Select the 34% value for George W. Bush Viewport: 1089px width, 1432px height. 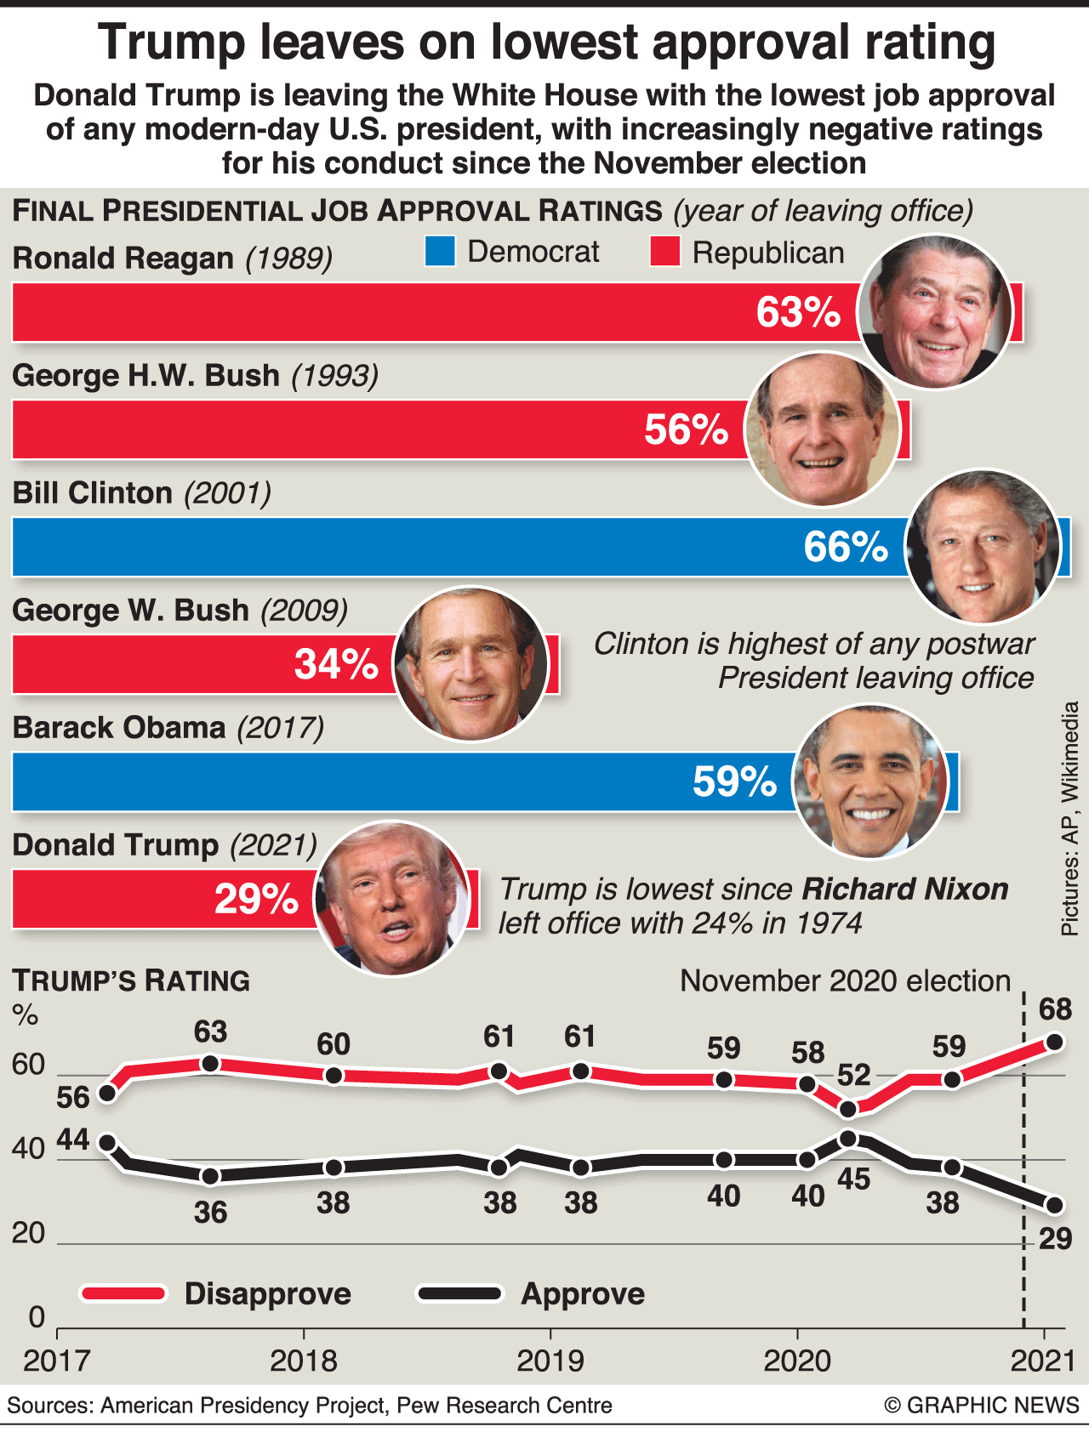[x=336, y=664]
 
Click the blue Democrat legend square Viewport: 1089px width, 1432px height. [x=440, y=252]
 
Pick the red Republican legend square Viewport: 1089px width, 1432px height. [x=664, y=252]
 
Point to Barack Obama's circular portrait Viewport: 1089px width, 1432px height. [x=869, y=781]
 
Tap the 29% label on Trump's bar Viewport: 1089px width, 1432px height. [x=256, y=899]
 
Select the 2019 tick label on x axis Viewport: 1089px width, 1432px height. [x=550, y=1361]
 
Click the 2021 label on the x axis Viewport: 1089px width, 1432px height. [x=1044, y=1361]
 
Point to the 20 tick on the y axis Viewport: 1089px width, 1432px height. [x=28, y=1233]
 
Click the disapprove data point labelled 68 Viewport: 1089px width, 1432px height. [x=1054, y=1042]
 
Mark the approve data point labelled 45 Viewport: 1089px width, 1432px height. [x=847, y=1139]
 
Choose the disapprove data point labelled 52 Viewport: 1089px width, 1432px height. [x=847, y=1109]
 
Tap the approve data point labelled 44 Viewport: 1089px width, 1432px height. [x=107, y=1143]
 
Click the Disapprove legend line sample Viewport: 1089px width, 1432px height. [x=123, y=1293]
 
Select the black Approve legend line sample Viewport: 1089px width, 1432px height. [x=459, y=1293]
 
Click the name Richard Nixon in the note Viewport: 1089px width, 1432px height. [x=905, y=889]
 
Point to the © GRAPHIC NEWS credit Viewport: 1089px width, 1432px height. [x=982, y=1406]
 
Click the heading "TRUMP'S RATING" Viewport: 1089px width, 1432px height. [x=131, y=981]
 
